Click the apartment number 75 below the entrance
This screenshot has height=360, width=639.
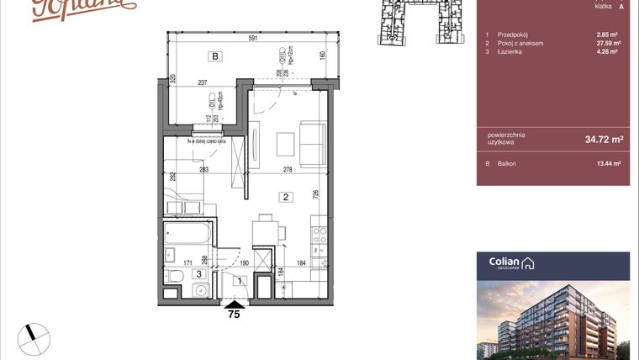coord(235,316)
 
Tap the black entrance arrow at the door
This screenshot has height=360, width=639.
coord(235,304)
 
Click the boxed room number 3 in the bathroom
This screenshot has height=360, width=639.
coord(198,273)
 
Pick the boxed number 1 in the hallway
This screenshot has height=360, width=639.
coord(240,281)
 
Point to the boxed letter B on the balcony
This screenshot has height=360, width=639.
coord(215,57)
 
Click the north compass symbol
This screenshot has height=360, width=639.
coord(34,335)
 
